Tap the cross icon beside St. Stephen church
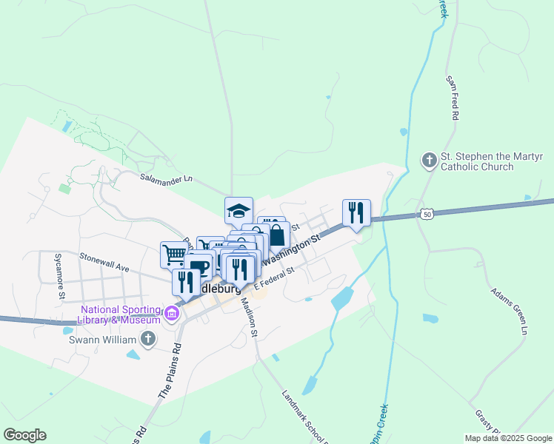[x=429, y=160]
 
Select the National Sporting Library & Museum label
[x=121, y=314]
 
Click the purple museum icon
[x=173, y=314]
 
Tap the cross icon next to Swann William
[x=148, y=340]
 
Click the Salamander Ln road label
[x=166, y=178]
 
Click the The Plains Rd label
[x=169, y=371]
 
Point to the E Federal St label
[x=275, y=277]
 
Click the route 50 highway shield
[x=425, y=214]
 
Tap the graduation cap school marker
[x=238, y=210]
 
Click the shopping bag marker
[x=276, y=237]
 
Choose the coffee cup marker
[x=198, y=266]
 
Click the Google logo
[x=24, y=435]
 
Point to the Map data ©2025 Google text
[x=508, y=438]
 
